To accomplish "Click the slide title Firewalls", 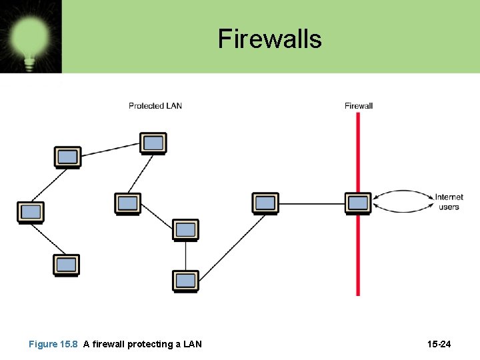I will (269, 39).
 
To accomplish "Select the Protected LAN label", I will (155, 105).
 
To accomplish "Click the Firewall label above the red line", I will (359, 105).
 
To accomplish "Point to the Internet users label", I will (449, 201).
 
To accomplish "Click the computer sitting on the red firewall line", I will (358, 203).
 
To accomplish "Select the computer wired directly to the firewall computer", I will (265, 203).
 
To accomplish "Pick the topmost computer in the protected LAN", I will (153, 143).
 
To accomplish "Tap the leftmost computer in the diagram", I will (30, 212).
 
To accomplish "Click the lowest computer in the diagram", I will (185, 280).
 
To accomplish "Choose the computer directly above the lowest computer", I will (186, 229).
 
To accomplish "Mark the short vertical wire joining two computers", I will (186, 255).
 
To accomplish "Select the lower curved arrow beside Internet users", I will (403, 211).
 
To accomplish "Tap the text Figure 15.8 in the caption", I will (53, 344).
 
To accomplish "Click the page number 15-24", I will (439, 344).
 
